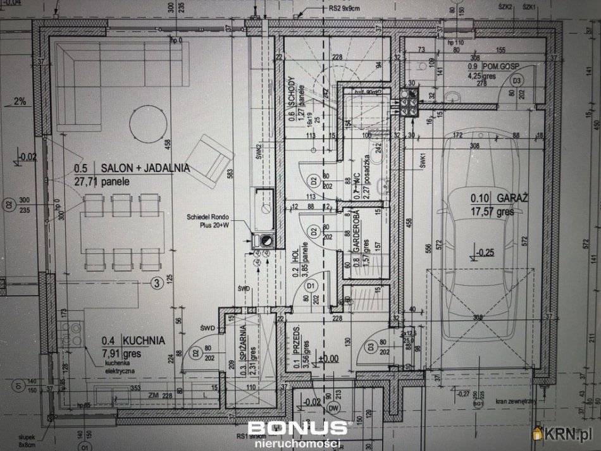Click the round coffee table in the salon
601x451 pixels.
pyautogui.click(x=149, y=123)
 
